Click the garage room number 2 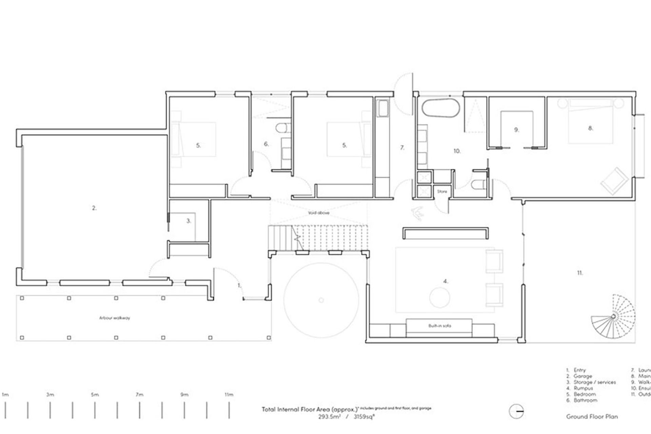click(94, 208)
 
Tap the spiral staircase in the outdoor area click(613, 317)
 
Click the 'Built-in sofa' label click(439, 326)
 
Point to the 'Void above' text click(318, 213)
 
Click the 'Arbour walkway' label click(114, 318)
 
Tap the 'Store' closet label click(442, 192)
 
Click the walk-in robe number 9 click(516, 130)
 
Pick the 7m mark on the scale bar click(139, 395)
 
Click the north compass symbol click(516, 412)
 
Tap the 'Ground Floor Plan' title click(592, 417)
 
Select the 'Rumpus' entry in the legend click(583, 388)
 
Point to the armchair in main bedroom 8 click(614, 181)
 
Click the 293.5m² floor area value click(329, 417)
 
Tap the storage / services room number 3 click(189, 221)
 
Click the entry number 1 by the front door click(239, 285)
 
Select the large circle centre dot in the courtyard click(321, 300)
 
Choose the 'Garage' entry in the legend click(583, 376)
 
